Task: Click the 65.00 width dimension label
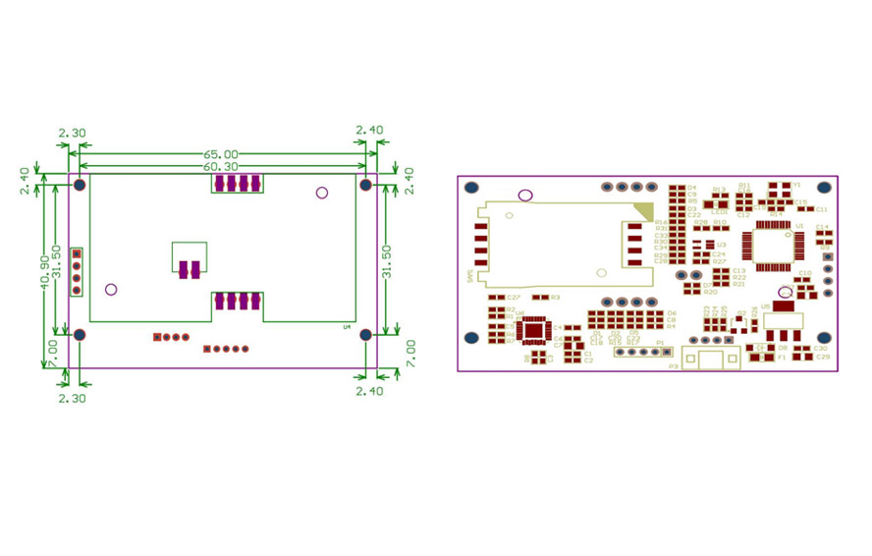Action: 221,154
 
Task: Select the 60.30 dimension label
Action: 221,167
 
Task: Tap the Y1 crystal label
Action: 796,184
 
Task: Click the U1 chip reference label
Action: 800,226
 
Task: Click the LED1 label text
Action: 718,209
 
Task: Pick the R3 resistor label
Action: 555,297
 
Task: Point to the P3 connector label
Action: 673,366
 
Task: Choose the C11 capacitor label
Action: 821,209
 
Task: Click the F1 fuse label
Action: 782,358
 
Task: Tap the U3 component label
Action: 721,245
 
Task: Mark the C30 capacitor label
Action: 821,349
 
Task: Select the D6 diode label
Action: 671,313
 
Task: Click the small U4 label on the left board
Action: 347,327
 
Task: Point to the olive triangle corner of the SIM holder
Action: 645,209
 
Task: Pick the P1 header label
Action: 660,343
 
